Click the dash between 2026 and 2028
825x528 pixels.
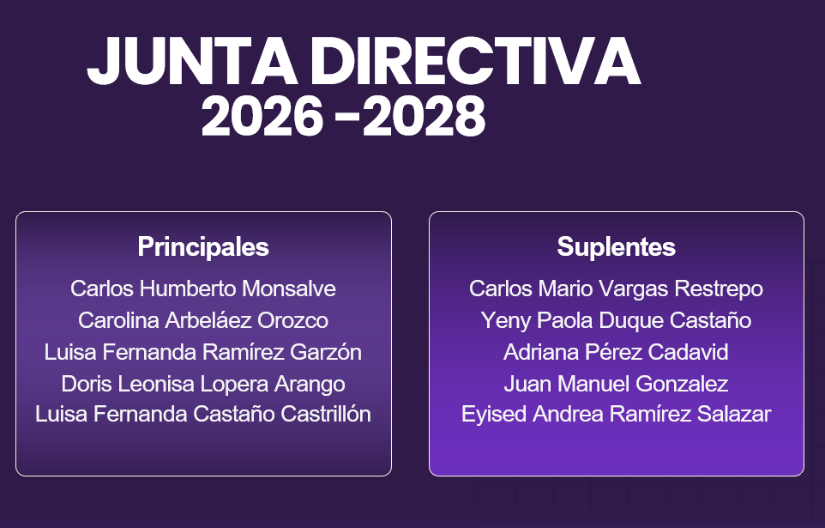[x=346, y=118]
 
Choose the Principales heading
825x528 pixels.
[x=203, y=247]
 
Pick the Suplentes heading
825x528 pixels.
[x=616, y=247]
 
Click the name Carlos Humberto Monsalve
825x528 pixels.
[x=203, y=288]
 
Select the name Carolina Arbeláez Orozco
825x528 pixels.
[x=203, y=320]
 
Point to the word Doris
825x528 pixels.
[x=87, y=383]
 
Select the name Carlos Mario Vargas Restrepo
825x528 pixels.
[x=616, y=288]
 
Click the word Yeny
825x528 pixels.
[x=505, y=320]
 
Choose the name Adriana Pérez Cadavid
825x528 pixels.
[x=616, y=352]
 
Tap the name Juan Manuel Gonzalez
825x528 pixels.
[x=616, y=383]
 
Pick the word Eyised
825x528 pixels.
[x=493, y=414]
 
